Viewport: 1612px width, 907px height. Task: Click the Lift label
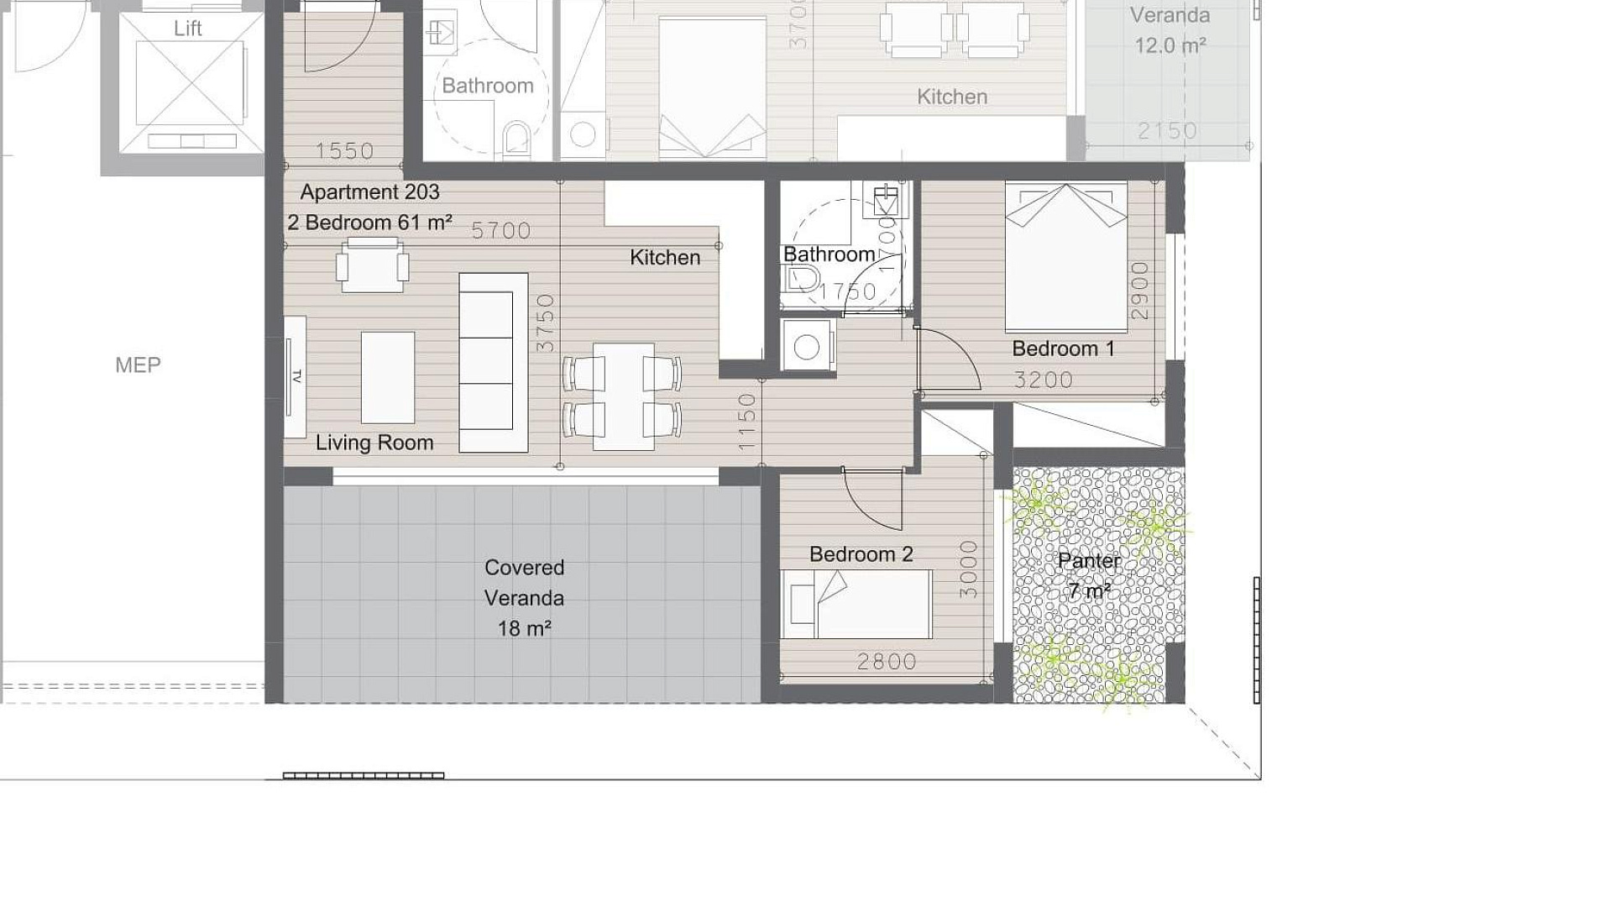[x=187, y=29]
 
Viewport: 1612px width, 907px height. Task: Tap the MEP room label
[x=138, y=364]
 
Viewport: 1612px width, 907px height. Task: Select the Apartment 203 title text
[x=369, y=192]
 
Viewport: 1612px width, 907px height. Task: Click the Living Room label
[x=374, y=443]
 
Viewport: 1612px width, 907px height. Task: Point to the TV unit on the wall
[x=295, y=376]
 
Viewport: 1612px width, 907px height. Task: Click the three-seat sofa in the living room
[x=494, y=363]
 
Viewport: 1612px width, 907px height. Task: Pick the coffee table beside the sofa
[x=388, y=378]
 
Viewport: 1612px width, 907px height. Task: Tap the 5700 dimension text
[x=501, y=231]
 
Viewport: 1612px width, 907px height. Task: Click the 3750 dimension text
[x=546, y=322]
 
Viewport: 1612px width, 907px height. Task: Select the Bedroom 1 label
[x=1063, y=349]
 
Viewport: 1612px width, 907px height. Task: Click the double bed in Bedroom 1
[x=1066, y=257]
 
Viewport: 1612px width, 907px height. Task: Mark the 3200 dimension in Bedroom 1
[x=1044, y=380]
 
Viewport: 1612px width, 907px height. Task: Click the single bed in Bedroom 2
[x=856, y=605]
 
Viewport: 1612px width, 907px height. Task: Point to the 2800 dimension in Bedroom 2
[x=887, y=662]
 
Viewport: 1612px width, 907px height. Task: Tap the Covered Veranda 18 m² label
[x=524, y=598]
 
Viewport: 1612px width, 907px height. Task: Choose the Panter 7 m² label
[x=1090, y=575]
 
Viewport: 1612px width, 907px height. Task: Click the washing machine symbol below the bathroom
[x=807, y=346]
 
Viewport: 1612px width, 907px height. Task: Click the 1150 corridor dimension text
[x=747, y=422]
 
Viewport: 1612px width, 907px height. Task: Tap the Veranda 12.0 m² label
[x=1170, y=30]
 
